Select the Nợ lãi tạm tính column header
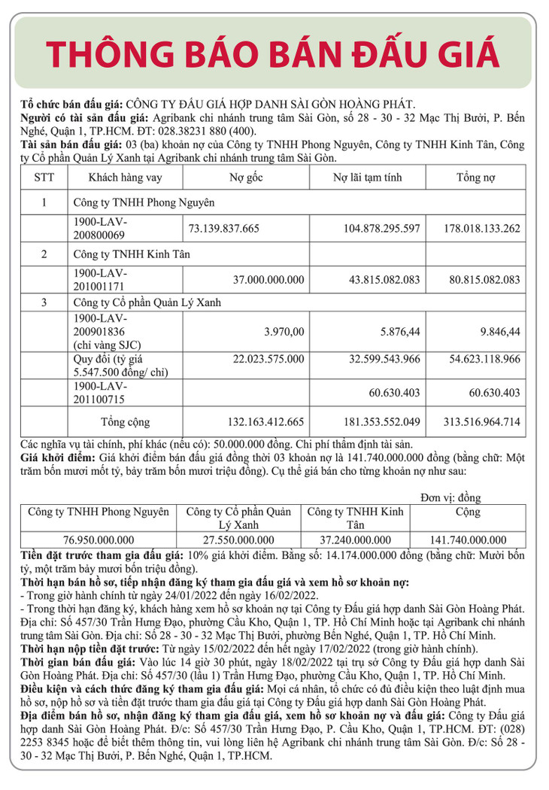click(x=368, y=178)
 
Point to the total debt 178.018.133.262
click(x=474, y=228)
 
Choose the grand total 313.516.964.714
click(x=474, y=421)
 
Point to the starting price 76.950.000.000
click(x=99, y=540)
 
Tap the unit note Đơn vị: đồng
click(x=450, y=498)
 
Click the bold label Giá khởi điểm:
click(x=54, y=457)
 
